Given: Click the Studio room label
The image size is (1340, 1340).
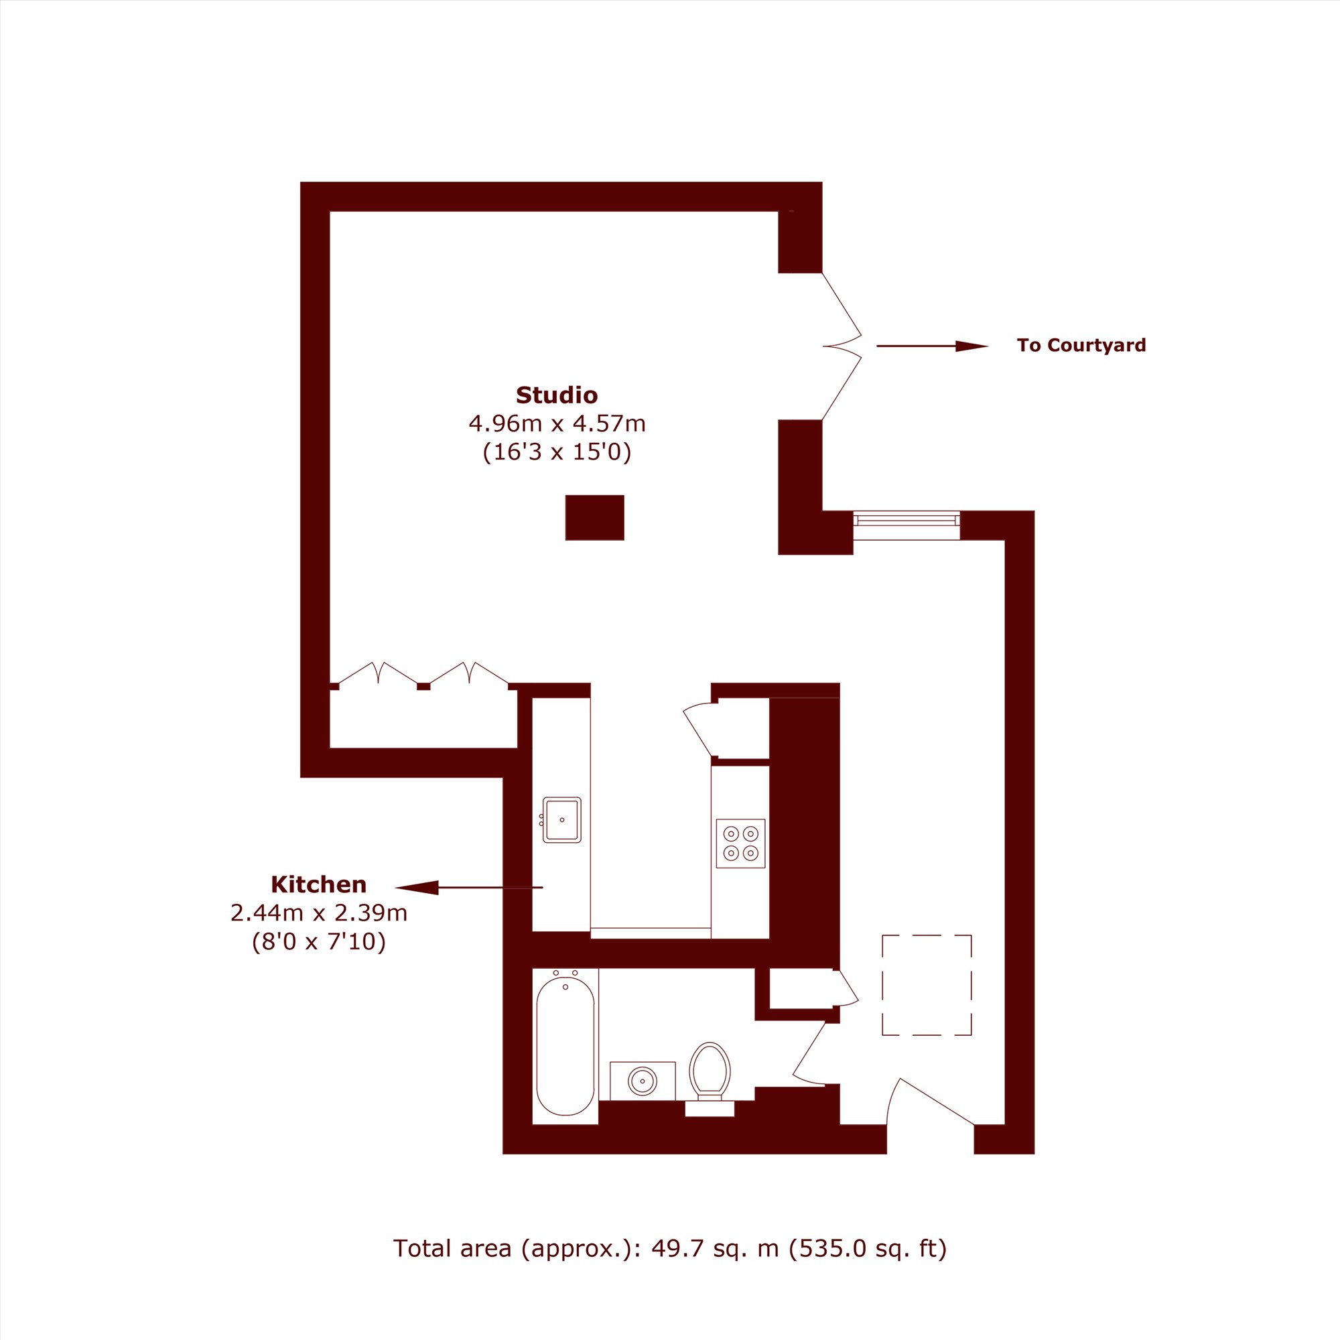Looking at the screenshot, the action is [x=556, y=395].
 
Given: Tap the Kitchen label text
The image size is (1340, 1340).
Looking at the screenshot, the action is [x=318, y=884].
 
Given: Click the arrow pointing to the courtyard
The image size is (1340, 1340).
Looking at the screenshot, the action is [x=932, y=346].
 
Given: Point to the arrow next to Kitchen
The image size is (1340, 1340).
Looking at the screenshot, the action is [x=469, y=887].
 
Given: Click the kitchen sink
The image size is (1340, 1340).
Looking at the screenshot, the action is [x=562, y=820].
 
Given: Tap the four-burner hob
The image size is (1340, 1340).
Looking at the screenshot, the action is [x=741, y=844].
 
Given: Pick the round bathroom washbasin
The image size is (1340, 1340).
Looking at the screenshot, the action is [x=643, y=1081].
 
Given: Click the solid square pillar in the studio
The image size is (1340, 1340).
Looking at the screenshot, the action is [x=594, y=517].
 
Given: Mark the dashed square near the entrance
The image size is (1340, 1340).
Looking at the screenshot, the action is [x=927, y=985].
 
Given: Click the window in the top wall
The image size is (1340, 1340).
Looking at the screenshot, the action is [x=907, y=521].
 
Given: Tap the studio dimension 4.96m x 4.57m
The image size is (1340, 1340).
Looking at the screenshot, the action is [x=557, y=422].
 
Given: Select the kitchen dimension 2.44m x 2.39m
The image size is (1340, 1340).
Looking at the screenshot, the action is [x=319, y=913].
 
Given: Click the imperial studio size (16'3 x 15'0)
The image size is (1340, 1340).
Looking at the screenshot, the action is [x=557, y=452].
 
